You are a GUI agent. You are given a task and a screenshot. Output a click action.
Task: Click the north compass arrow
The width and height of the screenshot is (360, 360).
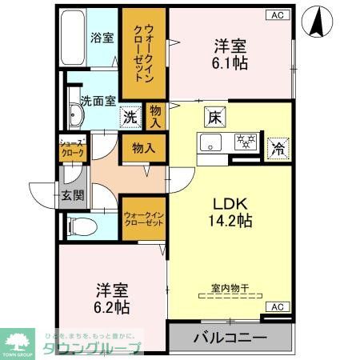coord(318,22)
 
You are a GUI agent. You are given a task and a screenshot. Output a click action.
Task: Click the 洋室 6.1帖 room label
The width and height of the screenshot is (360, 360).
coord(228,54)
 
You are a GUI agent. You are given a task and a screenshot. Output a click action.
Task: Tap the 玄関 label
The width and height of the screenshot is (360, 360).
coord(73,196)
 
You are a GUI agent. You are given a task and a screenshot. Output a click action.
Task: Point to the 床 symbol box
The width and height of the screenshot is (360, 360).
coord(215,115)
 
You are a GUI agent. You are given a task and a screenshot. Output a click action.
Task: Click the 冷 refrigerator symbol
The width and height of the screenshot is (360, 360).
coord(278,147)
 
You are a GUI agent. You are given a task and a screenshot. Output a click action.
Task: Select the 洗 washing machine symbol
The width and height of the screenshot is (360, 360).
coord(130,117)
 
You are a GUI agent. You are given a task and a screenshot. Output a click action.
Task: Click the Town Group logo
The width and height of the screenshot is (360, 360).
coord(16,343)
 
